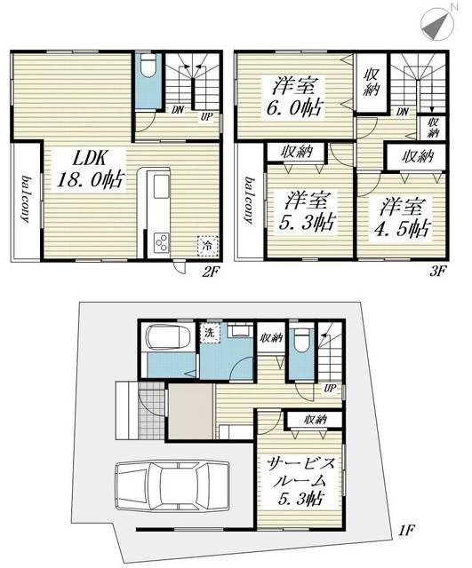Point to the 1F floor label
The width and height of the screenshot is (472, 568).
pos(405,532)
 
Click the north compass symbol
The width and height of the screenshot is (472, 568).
pos(435,23)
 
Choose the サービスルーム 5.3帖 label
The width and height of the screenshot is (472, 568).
pos(298,479)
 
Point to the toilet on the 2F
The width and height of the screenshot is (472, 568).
pos(148,69)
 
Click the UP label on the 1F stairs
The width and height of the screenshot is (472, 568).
pos(330,389)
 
